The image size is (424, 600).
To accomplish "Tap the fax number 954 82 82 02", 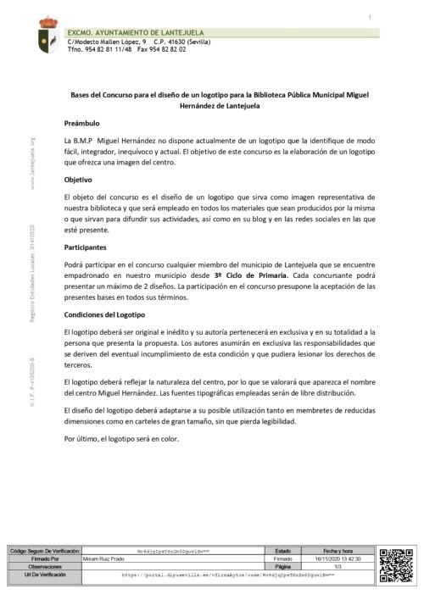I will pyautogui.click(x=162, y=49).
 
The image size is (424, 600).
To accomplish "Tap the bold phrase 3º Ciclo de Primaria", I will pyautogui.click(x=250, y=275).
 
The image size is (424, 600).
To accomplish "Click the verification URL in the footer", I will pyautogui.click(x=229, y=575).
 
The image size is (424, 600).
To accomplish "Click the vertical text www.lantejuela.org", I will pyautogui.click(x=32, y=164).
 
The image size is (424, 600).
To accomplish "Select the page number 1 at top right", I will pyautogui.click(x=371, y=18).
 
